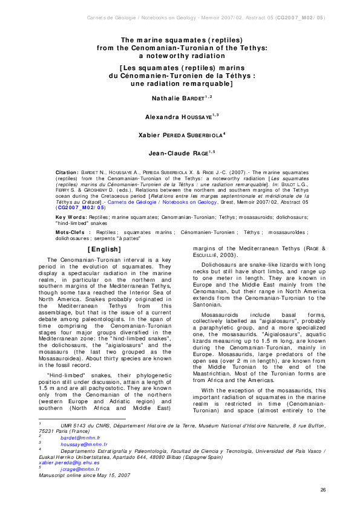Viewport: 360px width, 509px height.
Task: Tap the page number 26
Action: (x=322, y=490)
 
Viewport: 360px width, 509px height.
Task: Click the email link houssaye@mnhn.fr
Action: (x=79, y=444)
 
